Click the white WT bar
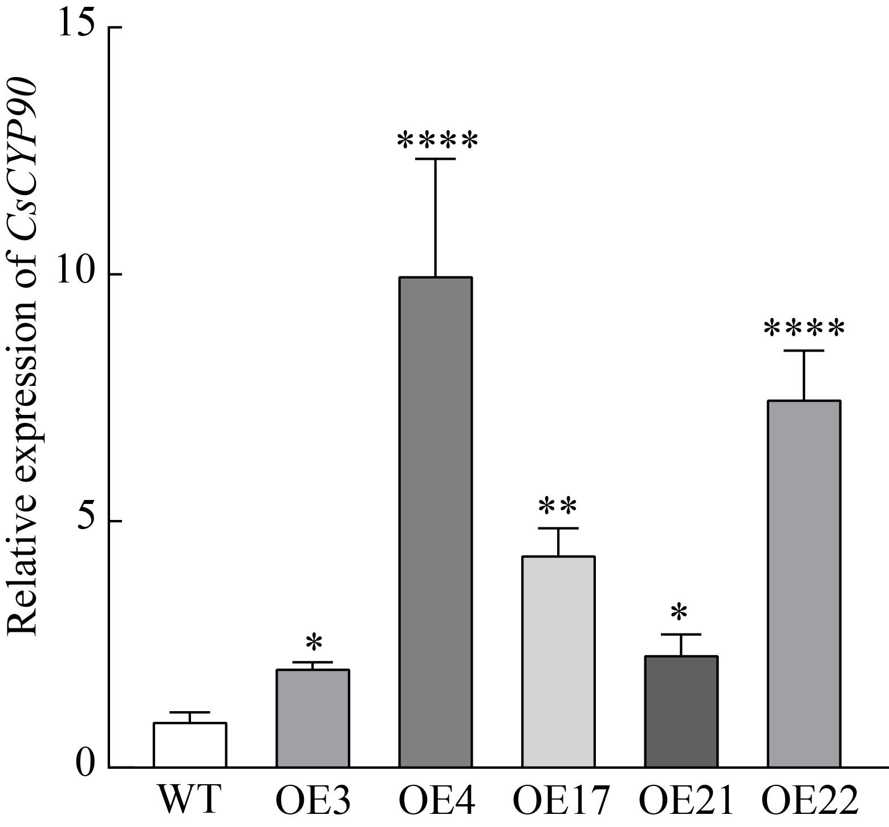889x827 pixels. pyautogui.click(x=190, y=745)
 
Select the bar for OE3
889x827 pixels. pyautogui.click(x=312, y=718)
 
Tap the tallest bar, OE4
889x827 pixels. pyautogui.click(x=436, y=522)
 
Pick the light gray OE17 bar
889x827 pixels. pyautogui.click(x=558, y=662)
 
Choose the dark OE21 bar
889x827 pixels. pyautogui.click(x=681, y=712)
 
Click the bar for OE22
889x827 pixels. pyautogui.click(x=804, y=584)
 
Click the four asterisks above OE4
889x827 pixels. pyautogui.click(x=437, y=140)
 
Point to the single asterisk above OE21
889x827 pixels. pyautogui.click(x=679, y=614)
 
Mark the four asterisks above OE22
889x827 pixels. pyautogui.click(x=804, y=330)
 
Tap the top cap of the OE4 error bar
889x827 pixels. pyautogui.click(x=436, y=159)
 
